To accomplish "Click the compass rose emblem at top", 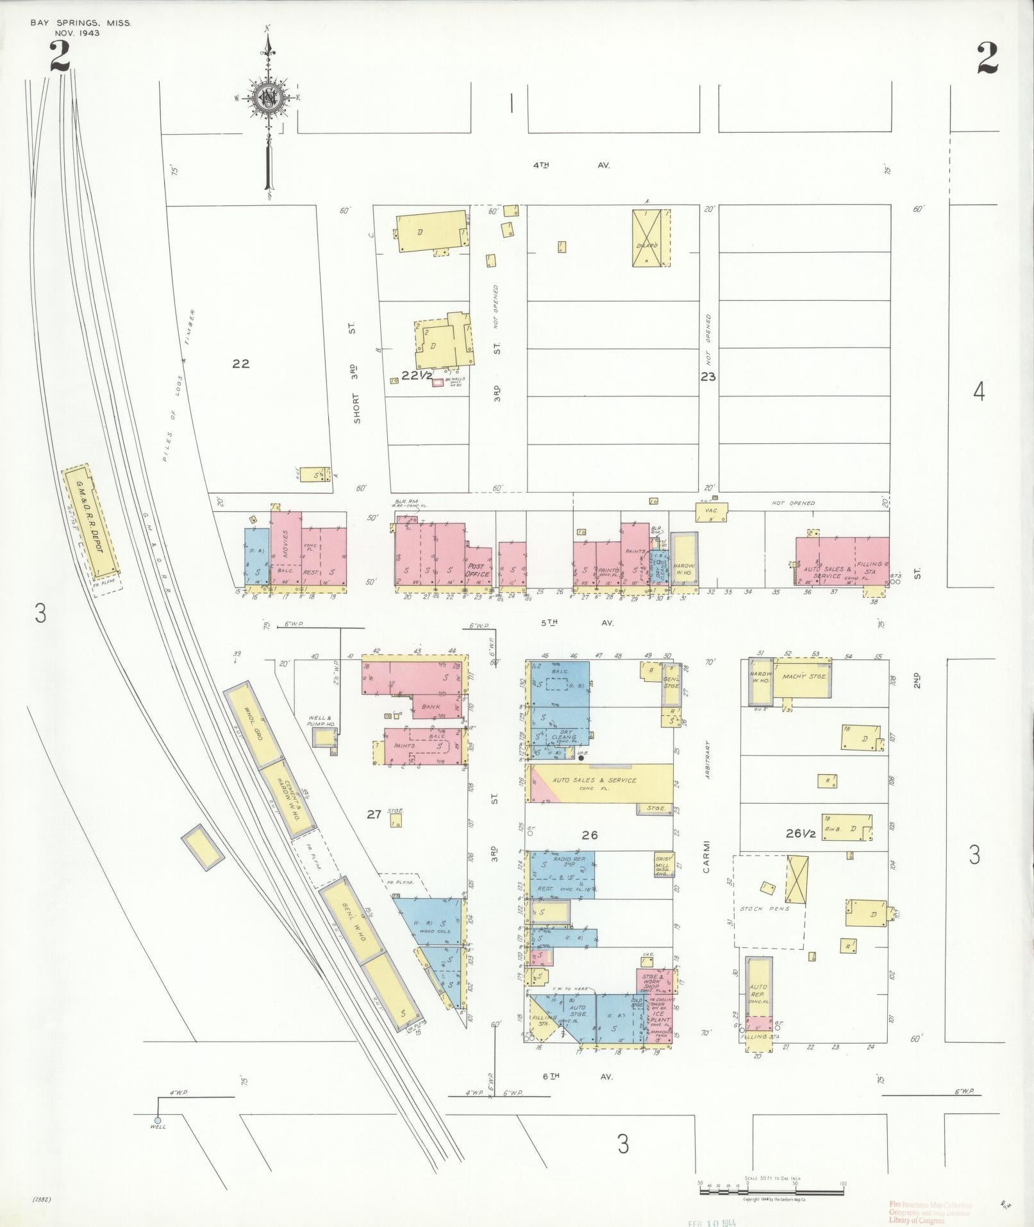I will pyautogui.click(x=267, y=98).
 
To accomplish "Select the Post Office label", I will pyautogui.click(x=478, y=570).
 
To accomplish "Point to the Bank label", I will pyautogui.click(x=431, y=706).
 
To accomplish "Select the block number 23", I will pyautogui.click(x=708, y=377).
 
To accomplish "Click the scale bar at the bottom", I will pyautogui.click(x=769, y=1187).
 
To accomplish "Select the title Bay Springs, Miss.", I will pyautogui.click(x=81, y=23).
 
